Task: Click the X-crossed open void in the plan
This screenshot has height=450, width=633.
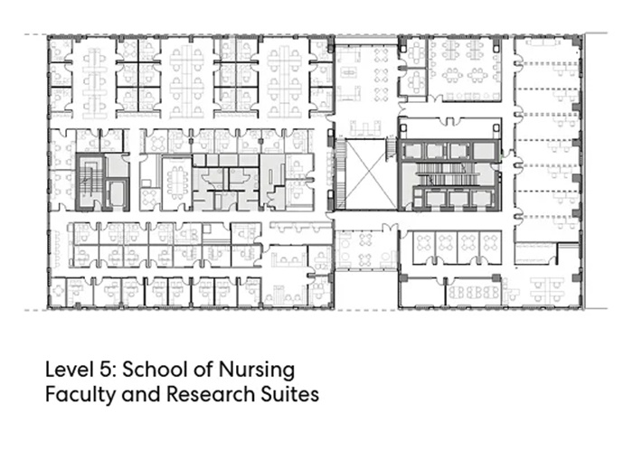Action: coord(371,174)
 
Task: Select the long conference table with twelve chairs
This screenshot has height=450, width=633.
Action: coord(177,183)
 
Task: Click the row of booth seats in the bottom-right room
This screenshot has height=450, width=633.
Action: coord(473,292)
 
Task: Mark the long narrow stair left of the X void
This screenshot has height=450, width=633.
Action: coord(340,174)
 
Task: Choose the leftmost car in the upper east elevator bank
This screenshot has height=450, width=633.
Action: coord(412,151)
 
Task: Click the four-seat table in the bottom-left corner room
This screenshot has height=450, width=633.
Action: coord(59,291)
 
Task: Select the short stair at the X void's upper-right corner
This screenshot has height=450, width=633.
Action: coord(391,148)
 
